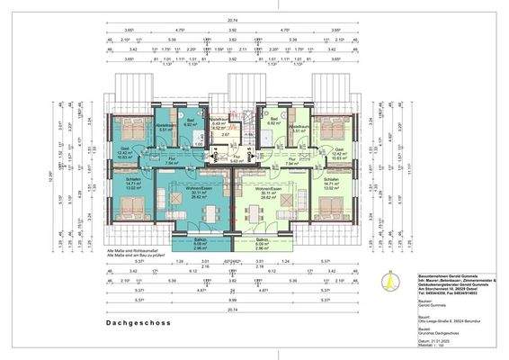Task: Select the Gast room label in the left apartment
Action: (x=123, y=149)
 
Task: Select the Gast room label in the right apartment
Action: (x=339, y=149)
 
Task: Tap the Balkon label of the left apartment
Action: (x=200, y=241)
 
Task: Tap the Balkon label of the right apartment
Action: (x=263, y=241)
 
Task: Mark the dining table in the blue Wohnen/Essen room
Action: (x=210, y=215)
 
